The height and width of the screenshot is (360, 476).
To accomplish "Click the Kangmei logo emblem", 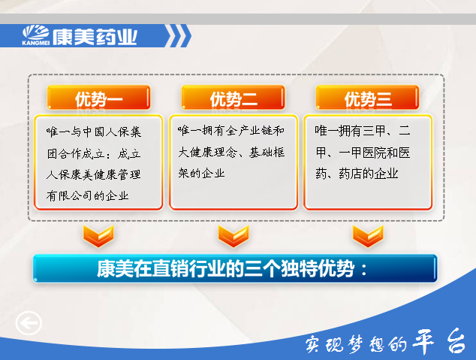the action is (x=36, y=35).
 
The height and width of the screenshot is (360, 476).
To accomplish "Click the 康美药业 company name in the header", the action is (x=95, y=38).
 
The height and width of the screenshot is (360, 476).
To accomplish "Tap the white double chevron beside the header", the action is (x=179, y=36).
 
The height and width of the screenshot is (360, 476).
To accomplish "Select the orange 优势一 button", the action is (x=98, y=98).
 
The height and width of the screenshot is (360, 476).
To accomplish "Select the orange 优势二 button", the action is (x=233, y=98).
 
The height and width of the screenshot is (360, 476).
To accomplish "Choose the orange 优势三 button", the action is (x=367, y=98).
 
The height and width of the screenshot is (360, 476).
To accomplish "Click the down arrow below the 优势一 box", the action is (x=98, y=236).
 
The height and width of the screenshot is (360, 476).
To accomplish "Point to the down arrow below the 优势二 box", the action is (x=233, y=236).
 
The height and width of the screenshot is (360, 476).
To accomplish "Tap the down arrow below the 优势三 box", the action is (x=368, y=236).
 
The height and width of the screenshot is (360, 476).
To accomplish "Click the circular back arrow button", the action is (x=29, y=323).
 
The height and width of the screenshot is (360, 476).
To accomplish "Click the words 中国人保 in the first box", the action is (x=100, y=132).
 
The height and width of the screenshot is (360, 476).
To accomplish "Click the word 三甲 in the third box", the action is (x=374, y=131).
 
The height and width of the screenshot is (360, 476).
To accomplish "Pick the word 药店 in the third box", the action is (x=351, y=174).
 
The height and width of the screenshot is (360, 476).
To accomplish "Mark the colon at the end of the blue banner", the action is (x=364, y=270).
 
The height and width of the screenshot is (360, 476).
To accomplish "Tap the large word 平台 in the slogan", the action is (x=438, y=341).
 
